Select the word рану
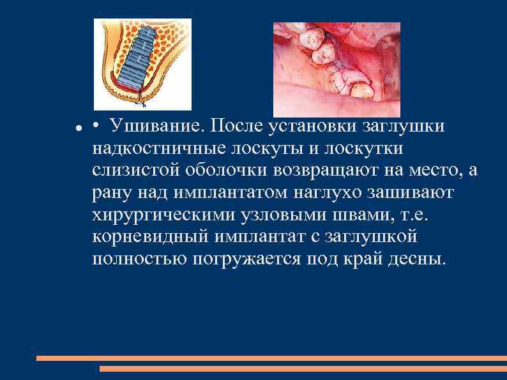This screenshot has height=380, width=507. (x=113, y=193)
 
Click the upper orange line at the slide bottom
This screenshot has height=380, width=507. (x=271, y=358)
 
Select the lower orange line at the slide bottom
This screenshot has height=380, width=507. (x=303, y=369)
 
